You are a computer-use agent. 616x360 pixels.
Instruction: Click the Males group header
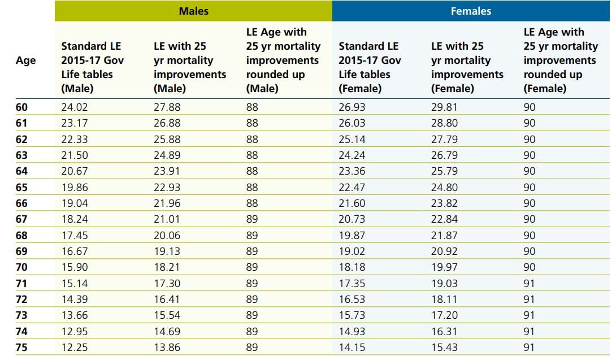click(193, 11)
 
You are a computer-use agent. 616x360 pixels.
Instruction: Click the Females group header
click(471, 11)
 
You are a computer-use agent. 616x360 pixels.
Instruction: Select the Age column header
click(25, 60)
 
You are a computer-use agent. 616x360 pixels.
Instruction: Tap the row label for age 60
click(21, 107)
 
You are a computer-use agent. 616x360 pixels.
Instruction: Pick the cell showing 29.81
click(444, 107)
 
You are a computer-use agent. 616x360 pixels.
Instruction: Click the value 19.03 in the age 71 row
click(444, 284)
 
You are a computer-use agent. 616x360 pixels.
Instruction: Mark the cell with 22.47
click(352, 187)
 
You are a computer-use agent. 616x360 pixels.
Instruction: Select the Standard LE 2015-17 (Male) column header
click(92, 67)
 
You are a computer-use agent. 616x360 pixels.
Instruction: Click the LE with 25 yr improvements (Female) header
click(467, 67)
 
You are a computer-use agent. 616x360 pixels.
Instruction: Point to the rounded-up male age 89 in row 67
click(252, 219)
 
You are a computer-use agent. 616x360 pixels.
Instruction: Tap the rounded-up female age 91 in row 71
click(530, 284)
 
